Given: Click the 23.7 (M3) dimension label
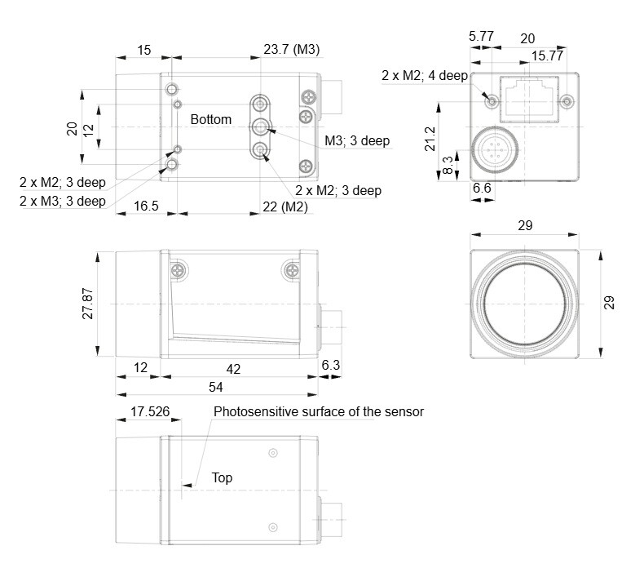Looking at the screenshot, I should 291,50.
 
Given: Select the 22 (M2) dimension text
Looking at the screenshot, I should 285,207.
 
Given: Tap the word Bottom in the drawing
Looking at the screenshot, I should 210,119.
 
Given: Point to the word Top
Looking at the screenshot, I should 222,477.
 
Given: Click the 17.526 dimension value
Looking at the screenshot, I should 149,412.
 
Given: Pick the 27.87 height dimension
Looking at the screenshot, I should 88,303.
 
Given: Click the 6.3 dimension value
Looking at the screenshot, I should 332,368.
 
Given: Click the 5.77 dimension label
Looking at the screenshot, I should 481,38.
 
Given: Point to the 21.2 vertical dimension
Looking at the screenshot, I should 430,139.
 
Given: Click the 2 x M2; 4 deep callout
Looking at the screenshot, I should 423,75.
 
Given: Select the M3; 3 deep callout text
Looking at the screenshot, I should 357,140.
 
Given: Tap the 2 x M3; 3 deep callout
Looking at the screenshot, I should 63,201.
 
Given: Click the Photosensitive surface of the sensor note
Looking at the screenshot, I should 319,411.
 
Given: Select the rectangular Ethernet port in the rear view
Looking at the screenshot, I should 529,99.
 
